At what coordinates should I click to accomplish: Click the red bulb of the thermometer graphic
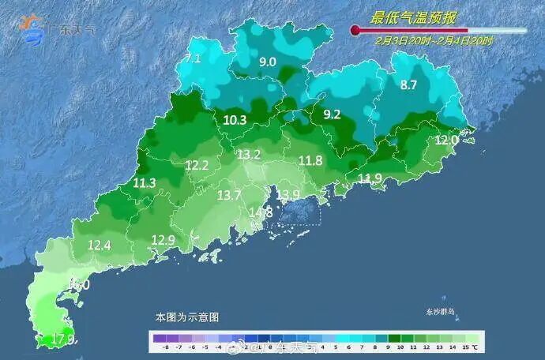pos(355,31)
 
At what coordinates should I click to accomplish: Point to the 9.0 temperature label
pos(268,62)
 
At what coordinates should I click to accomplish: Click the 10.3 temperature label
pos(235,120)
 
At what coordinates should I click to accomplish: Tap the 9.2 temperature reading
pos(332,114)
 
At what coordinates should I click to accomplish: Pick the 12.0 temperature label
pos(446,140)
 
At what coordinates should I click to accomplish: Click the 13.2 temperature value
pos(249,155)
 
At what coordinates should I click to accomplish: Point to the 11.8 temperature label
pos(310,161)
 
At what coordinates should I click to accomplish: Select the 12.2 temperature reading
pos(197,166)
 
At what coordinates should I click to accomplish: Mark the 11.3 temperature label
pos(145,183)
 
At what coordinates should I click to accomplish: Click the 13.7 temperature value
pos(229,195)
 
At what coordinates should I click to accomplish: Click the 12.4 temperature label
pos(99,246)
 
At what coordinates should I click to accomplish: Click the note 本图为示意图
pos(186,317)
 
